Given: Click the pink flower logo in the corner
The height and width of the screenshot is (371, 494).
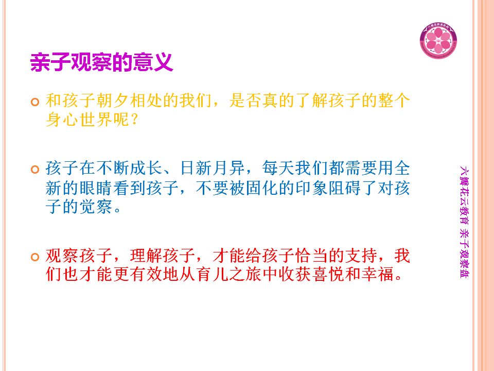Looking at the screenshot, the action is [x=438, y=41].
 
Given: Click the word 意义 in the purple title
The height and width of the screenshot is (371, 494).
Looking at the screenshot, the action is [x=153, y=62].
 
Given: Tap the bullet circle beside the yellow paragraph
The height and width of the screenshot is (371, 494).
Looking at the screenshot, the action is [x=35, y=102].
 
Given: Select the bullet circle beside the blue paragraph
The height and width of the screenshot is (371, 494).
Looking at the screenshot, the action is [x=35, y=170].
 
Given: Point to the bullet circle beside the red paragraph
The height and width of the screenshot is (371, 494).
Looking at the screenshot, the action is [x=35, y=257].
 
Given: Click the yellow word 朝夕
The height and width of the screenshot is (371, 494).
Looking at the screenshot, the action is [x=112, y=100].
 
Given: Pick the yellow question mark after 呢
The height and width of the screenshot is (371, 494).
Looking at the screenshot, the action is [x=134, y=120].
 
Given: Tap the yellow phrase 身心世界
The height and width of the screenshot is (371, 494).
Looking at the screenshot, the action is [x=79, y=120].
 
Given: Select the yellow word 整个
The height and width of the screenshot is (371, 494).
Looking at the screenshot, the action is [x=394, y=100].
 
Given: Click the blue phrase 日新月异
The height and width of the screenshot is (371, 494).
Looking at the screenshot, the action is [x=212, y=168].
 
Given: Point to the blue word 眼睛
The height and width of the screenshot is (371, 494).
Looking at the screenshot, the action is [x=96, y=188].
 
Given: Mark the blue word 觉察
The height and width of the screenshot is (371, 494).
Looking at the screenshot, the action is [x=96, y=207].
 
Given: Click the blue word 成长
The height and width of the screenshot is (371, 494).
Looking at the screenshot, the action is [x=146, y=168].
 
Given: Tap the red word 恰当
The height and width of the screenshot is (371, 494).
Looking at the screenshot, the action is [x=311, y=256].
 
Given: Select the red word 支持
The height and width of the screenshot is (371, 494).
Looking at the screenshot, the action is [x=361, y=256].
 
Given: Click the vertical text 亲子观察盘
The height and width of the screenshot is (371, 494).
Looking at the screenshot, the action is [x=464, y=254].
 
